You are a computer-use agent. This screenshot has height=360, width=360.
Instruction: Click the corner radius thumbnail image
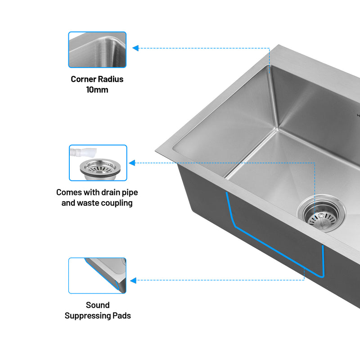click(97, 49)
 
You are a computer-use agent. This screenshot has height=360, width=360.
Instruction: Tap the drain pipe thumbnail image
click(98, 162)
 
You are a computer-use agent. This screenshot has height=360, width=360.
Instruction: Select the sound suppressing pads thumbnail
click(97, 275)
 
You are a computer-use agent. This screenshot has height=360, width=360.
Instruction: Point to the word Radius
click(111, 79)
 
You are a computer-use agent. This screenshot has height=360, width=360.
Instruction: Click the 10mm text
click(97, 90)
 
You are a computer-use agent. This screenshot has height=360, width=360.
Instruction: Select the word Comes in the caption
click(68, 192)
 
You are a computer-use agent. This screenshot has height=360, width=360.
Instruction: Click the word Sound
click(98, 305)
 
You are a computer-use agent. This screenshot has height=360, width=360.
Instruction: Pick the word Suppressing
click(87, 315)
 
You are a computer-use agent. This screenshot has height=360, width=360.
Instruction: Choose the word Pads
click(121, 315)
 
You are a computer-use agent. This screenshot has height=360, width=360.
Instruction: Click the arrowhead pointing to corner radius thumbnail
click(135, 48)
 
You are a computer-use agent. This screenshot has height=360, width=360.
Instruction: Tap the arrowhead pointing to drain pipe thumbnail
click(132, 162)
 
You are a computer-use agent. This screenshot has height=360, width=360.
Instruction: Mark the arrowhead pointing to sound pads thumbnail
click(133, 280)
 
